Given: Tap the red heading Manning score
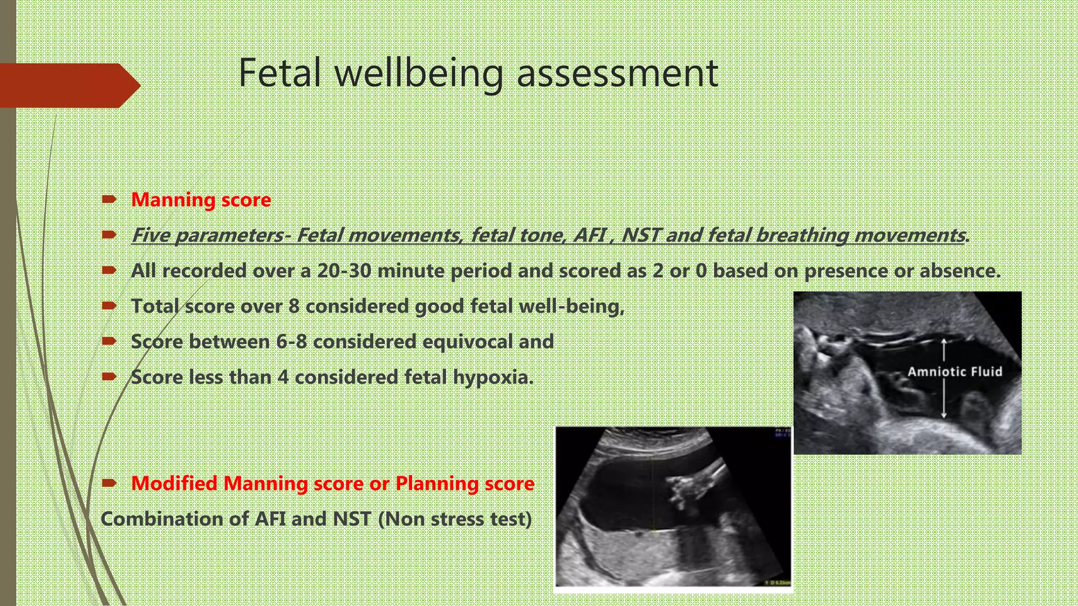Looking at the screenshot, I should click(x=201, y=200).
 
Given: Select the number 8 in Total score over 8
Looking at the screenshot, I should click(x=294, y=306).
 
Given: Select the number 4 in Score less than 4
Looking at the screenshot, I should click(x=283, y=377).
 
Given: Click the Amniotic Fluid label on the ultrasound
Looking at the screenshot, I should click(x=954, y=372).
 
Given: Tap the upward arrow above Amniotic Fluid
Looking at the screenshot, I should click(x=944, y=349).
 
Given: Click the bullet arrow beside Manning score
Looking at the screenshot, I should click(x=109, y=199).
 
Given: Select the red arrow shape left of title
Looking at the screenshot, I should click(x=68, y=85).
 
